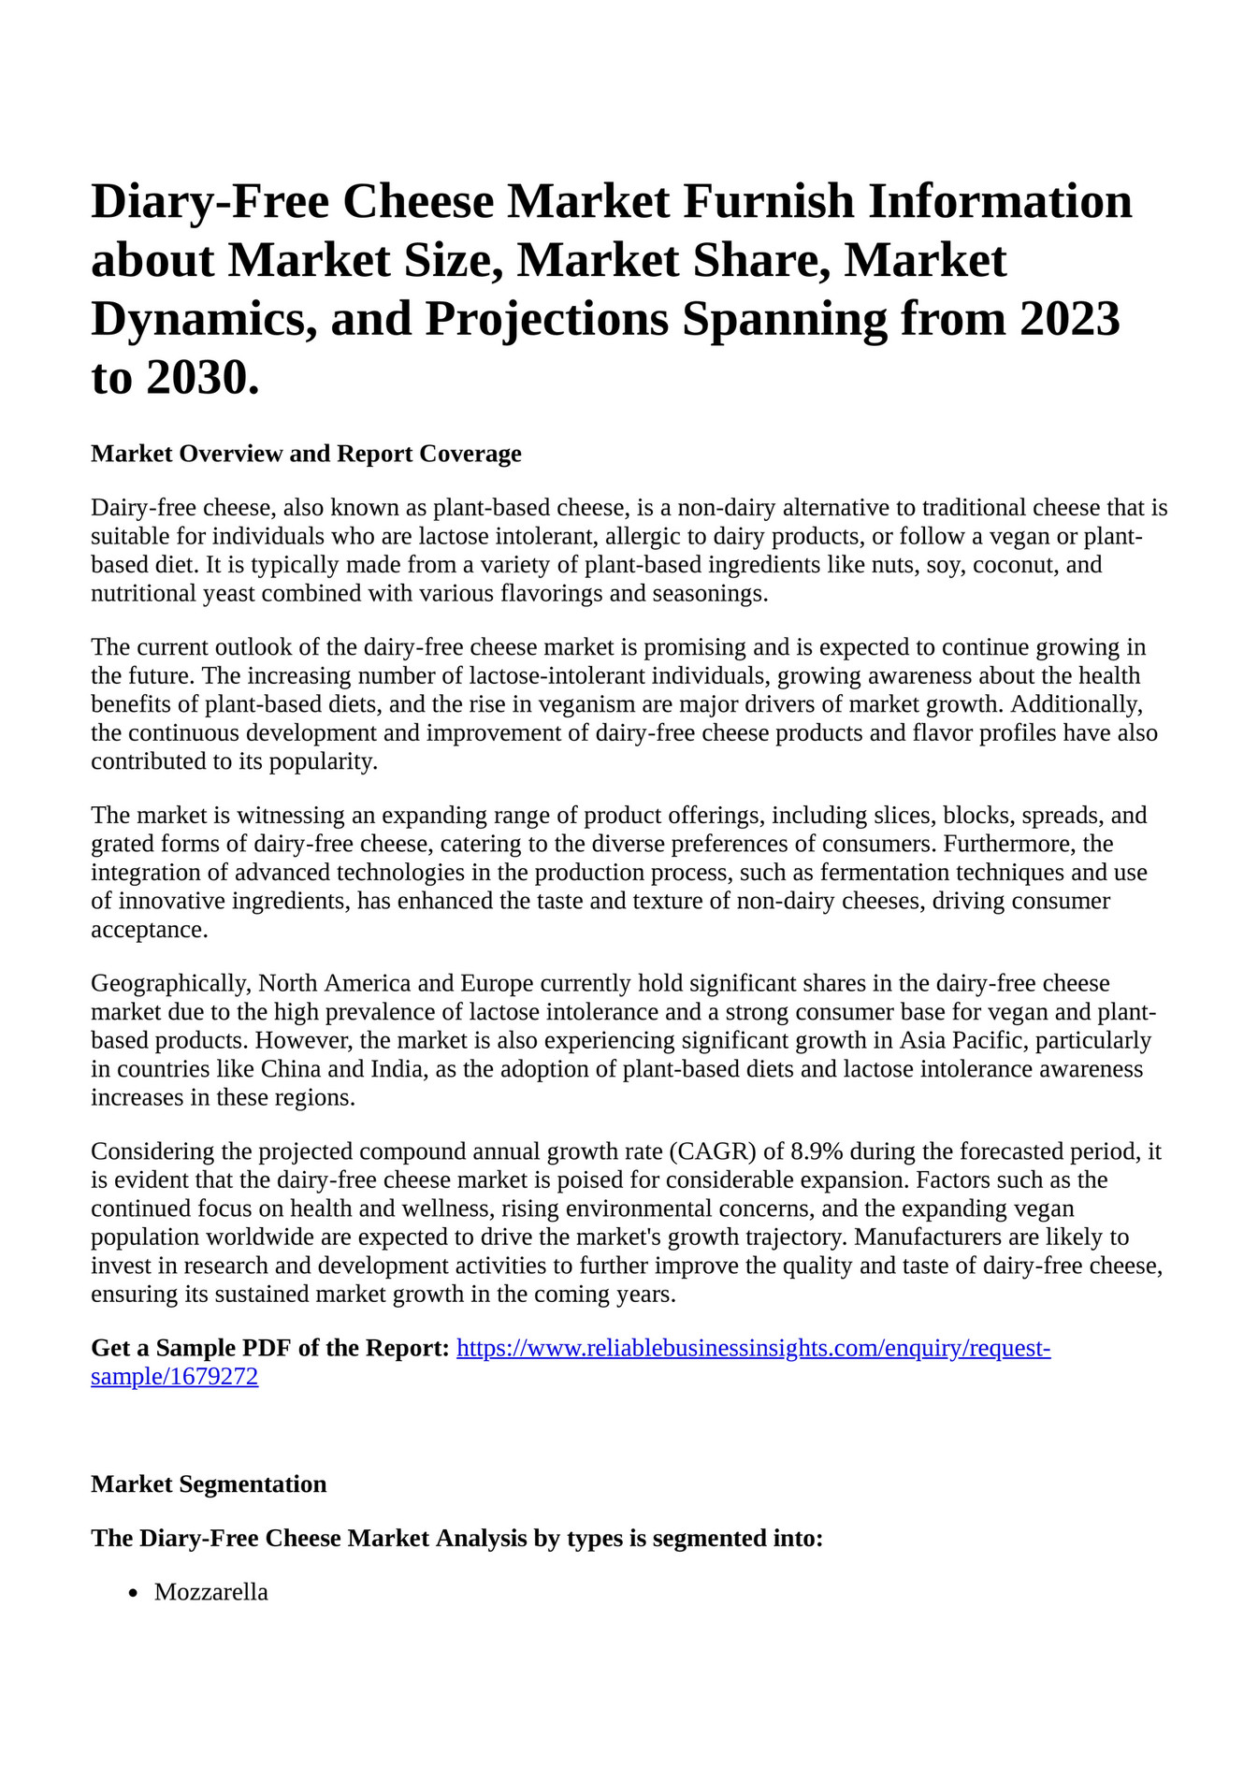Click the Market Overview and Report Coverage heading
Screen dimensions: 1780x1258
(x=306, y=454)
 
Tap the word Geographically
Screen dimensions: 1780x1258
(x=170, y=983)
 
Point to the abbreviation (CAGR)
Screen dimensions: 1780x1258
(x=712, y=1151)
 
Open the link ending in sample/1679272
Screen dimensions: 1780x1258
(x=174, y=1377)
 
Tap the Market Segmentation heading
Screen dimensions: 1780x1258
(x=209, y=1484)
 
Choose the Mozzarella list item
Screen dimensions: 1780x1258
(x=211, y=1592)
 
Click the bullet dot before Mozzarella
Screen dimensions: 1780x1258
(x=135, y=1593)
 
